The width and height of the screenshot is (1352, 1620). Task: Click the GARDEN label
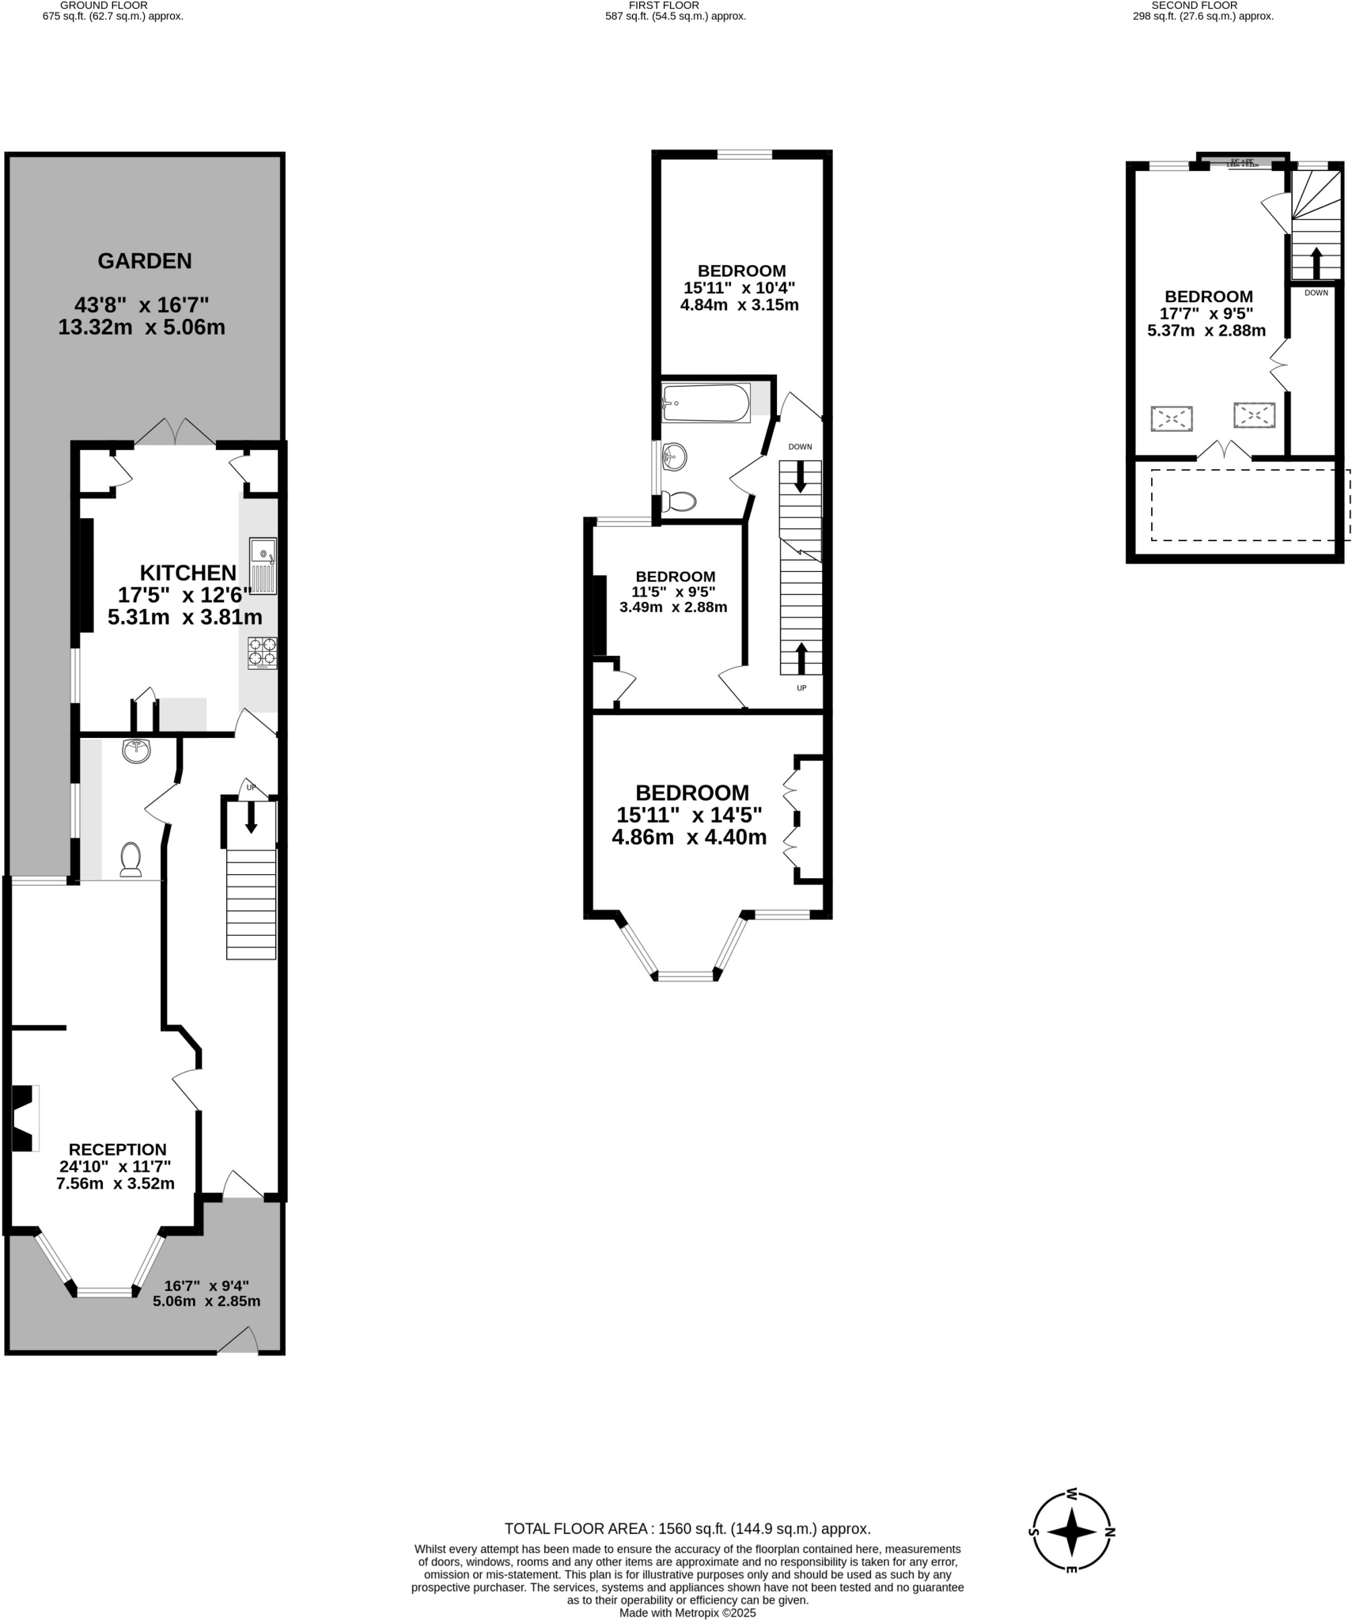145,261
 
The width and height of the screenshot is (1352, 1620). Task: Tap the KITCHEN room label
188,573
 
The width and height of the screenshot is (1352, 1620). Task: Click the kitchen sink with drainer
263,565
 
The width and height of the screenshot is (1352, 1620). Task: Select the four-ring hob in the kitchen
263,653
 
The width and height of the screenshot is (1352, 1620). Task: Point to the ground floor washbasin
137,750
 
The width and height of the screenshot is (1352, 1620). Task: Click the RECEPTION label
117,1149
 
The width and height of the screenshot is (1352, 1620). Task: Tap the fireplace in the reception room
24,1118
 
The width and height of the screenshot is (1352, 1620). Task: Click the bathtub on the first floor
706,403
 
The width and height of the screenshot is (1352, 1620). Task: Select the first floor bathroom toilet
679,502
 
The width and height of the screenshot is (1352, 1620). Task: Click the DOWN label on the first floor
800,447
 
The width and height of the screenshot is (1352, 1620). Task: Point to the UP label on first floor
801,688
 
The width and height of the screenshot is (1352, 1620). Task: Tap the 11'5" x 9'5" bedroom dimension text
673,592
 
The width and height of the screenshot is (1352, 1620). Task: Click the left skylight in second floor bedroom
1172,418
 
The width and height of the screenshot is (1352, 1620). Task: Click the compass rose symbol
1072,1531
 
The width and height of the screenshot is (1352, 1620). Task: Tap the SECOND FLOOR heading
1194,5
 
